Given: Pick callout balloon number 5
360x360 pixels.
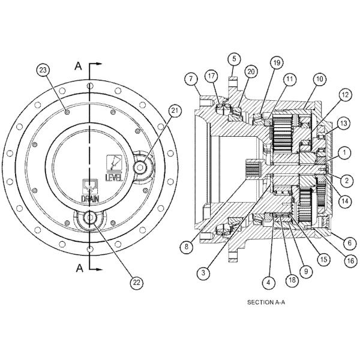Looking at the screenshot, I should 234,59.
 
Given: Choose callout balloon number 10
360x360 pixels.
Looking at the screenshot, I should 319,79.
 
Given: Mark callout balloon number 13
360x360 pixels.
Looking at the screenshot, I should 343,122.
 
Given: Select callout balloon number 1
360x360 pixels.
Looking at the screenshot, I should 343,154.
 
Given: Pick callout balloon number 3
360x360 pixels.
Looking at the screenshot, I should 205,272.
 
